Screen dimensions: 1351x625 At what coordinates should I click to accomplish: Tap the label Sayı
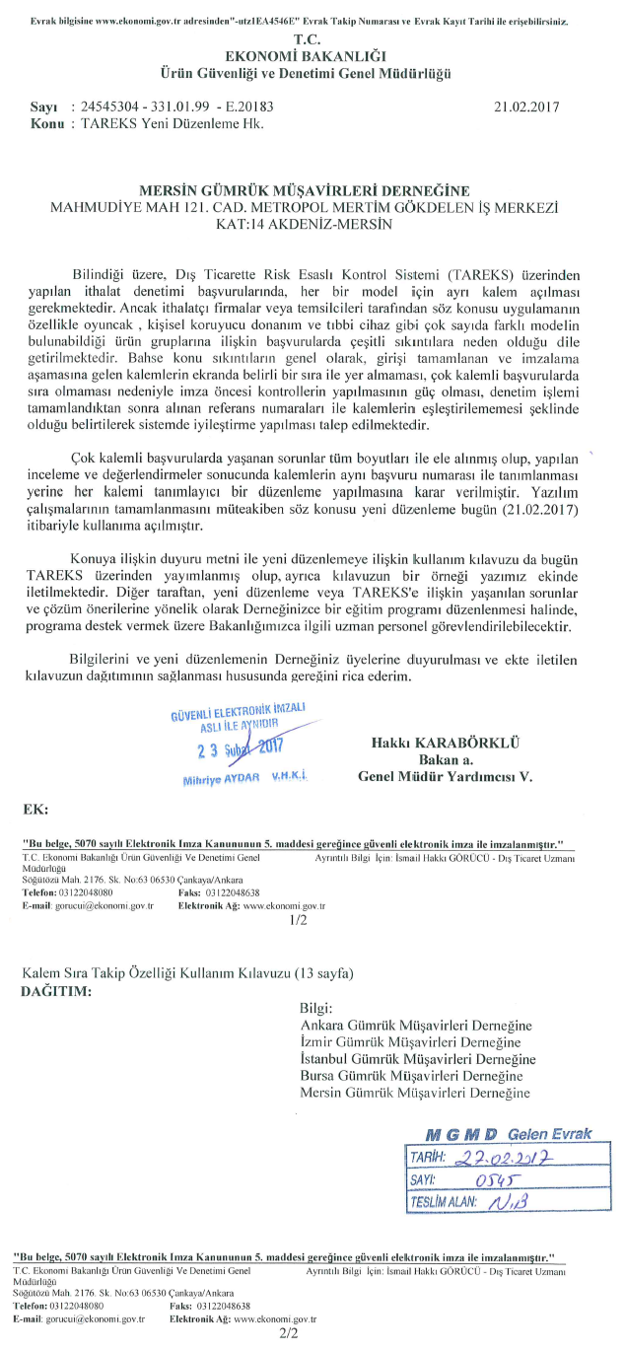click(x=42, y=106)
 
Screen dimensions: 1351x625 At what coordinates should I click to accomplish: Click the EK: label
click(x=35, y=809)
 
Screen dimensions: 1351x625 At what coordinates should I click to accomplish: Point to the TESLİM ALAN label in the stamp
click(x=444, y=1202)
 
